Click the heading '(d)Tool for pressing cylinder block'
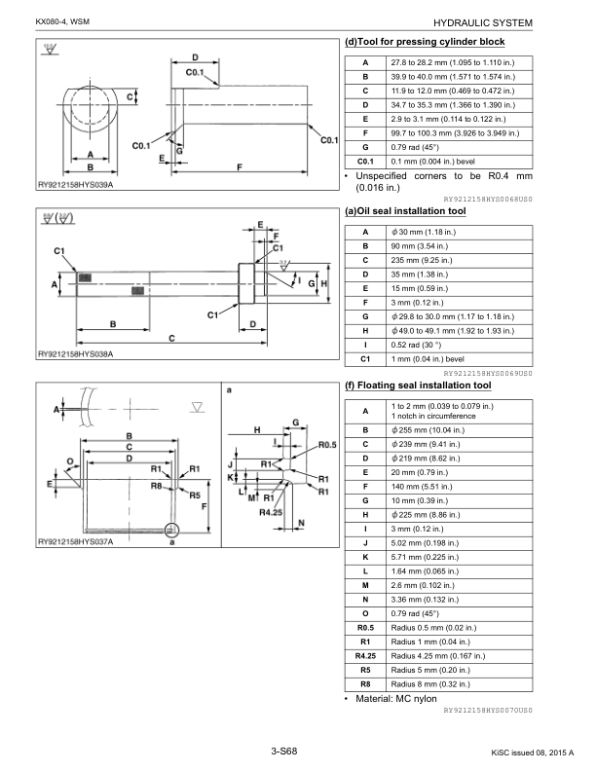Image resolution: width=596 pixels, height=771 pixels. pyautogui.click(x=425, y=42)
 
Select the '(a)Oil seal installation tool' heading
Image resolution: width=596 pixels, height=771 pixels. pyautogui.click(x=405, y=211)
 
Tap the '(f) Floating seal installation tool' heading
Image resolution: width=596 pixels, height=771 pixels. pyautogui.click(x=418, y=385)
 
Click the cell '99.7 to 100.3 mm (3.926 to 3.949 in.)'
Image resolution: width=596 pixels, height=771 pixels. pyautogui.click(x=455, y=133)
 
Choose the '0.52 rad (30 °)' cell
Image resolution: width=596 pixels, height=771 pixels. pyautogui.click(x=416, y=346)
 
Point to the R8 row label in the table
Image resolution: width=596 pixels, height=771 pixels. pyautogui.click(x=365, y=684)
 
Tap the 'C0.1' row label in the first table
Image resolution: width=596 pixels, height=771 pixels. pyautogui.click(x=365, y=162)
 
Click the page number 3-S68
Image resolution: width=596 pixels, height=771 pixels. pyautogui.click(x=284, y=751)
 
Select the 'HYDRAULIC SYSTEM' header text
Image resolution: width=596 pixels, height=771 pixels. pyautogui.click(x=483, y=22)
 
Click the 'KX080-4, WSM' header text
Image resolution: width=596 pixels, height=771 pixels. pyautogui.click(x=62, y=22)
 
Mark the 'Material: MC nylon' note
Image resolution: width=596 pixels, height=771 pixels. pyautogui.click(x=395, y=699)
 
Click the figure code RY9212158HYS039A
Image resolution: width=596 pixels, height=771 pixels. pyautogui.click(x=75, y=185)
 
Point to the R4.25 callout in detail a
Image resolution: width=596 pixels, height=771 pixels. pyautogui.click(x=271, y=512)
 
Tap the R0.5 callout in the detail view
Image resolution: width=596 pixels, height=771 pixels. pyautogui.click(x=327, y=445)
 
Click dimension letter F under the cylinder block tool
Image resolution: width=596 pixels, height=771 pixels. pyautogui.click(x=240, y=167)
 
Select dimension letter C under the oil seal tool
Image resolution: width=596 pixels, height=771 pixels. pyautogui.click(x=171, y=339)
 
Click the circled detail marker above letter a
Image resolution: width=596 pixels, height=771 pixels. pyautogui.click(x=171, y=530)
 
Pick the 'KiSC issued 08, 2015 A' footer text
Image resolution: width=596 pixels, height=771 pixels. pyautogui.click(x=533, y=753)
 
